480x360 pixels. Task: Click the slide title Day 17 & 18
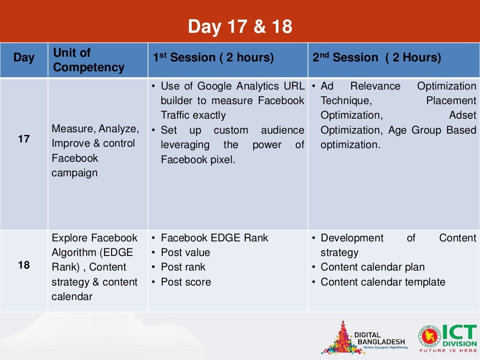point(240,27)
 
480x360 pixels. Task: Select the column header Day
point(24,58)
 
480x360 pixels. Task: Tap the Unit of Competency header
point(89,60)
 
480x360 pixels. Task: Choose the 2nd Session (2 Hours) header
point(377,58)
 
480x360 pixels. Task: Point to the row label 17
point(24,139)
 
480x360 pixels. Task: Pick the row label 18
point(24,265)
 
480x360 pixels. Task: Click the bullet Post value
point(185,253)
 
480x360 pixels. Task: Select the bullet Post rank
point(183,267)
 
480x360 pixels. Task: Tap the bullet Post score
point(186,282)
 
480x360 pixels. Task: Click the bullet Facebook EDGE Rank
point(214,238)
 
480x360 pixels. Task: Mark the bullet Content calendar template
point(382,282)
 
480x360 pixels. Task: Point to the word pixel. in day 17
point(221,160)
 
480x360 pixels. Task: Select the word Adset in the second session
point(462,115)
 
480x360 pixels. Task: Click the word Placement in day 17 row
point(451,101)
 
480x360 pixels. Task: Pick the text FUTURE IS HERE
point(448,350)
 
